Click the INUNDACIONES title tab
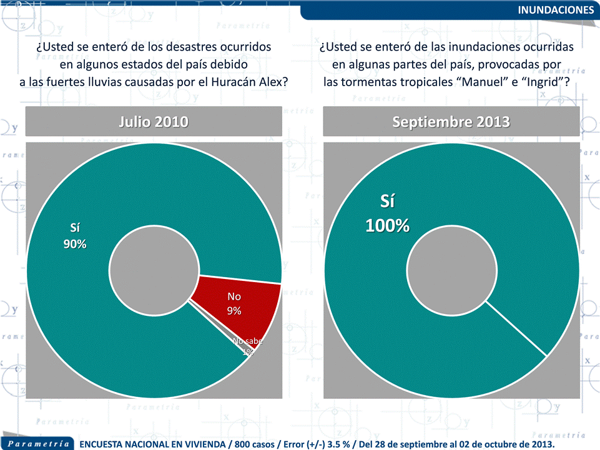coord(556,10)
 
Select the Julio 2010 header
coord(154,122)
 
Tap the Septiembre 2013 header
coord(451,122)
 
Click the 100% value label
coord(387,226)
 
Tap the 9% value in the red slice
coord(234,311)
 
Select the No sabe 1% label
coord(247,346)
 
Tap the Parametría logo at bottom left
coord(38,443)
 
